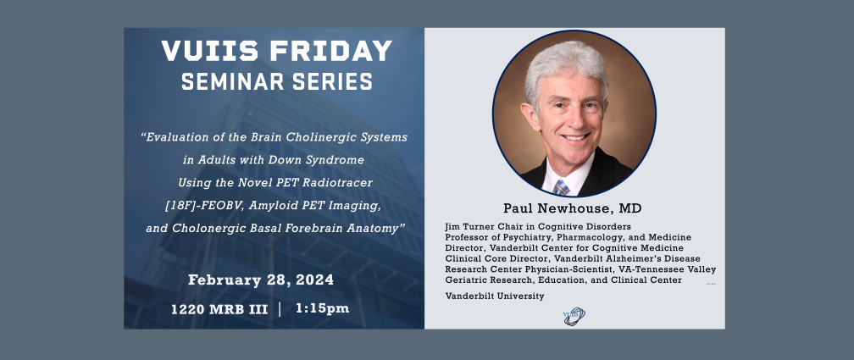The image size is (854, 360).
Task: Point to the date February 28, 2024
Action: (261, 280)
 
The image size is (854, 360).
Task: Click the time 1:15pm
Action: (323, 308)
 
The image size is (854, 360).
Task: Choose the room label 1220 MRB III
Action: (219, 309)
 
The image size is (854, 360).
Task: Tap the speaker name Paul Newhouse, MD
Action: (573, 208)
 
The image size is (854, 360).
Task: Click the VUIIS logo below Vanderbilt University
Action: (574, 316)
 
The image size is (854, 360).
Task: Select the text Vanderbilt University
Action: (495, 296)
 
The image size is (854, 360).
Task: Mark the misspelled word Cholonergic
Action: (207, 229)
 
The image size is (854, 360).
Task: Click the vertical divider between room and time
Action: (280, 309)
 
